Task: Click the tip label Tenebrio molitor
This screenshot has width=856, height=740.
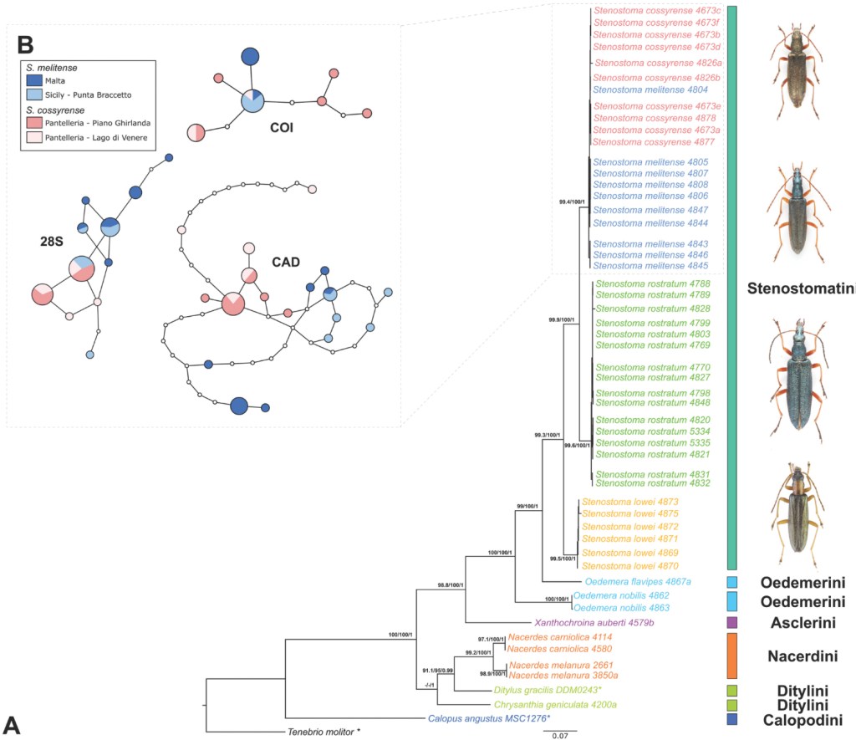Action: (x=320, y=732)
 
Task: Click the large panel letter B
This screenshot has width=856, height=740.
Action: (x=23, y=41)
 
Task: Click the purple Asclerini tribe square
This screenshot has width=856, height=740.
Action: (x=732, y=622)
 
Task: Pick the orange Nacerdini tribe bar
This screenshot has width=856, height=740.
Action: (x=732, y=656)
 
